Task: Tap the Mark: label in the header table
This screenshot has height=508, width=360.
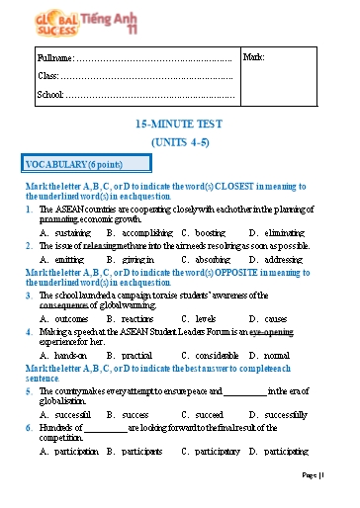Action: point(253,57)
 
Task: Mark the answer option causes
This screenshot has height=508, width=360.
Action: point(269,319)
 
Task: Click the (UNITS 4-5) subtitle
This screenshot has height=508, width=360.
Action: point(179,142)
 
